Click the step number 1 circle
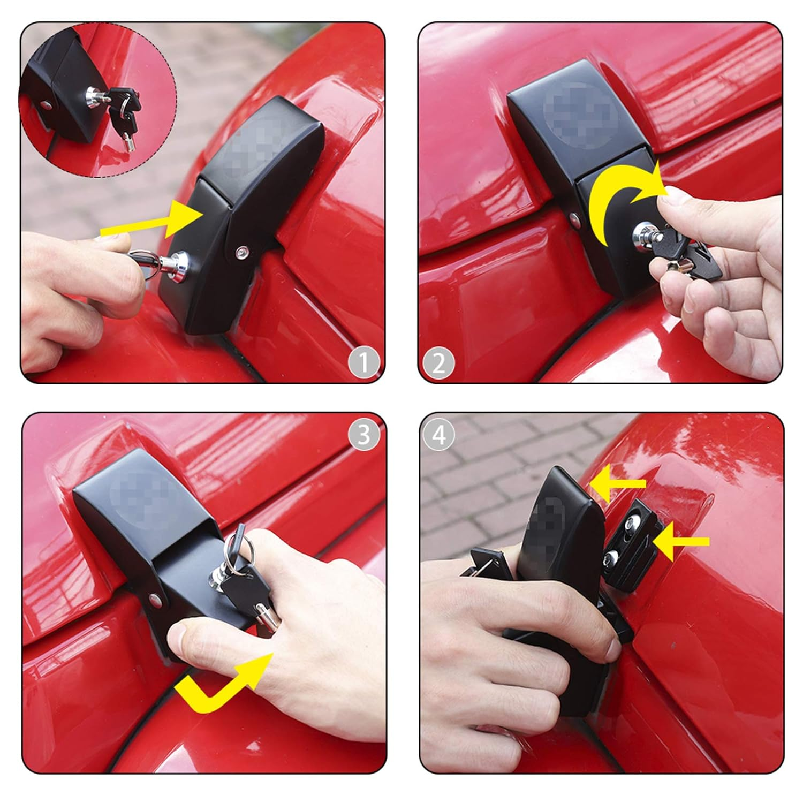[x=364, y=363]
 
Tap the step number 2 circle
[x=438, y=363]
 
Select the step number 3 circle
[x=364, y=435]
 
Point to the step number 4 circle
[x=438, y=435]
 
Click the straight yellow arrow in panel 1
[x=155, y=221]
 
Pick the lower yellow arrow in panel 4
[x=680, y=542]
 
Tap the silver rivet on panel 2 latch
[x=574, y=218]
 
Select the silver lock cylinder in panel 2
[x=642, y=234]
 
